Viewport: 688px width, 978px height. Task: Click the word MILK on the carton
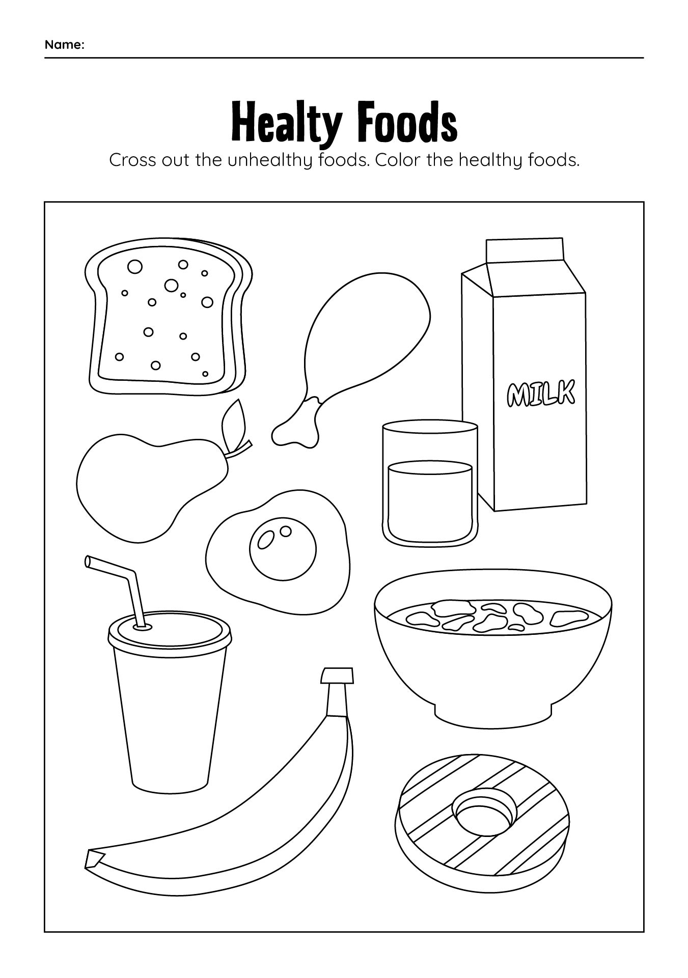click(x=540, y=394)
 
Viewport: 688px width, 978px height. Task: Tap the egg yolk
click(x=283, y=548)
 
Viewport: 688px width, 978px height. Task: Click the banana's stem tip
click(x=337, y=676)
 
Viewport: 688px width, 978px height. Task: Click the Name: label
click(x=64, y=45)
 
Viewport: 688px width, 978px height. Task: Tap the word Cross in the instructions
click(x=133, y=160)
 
